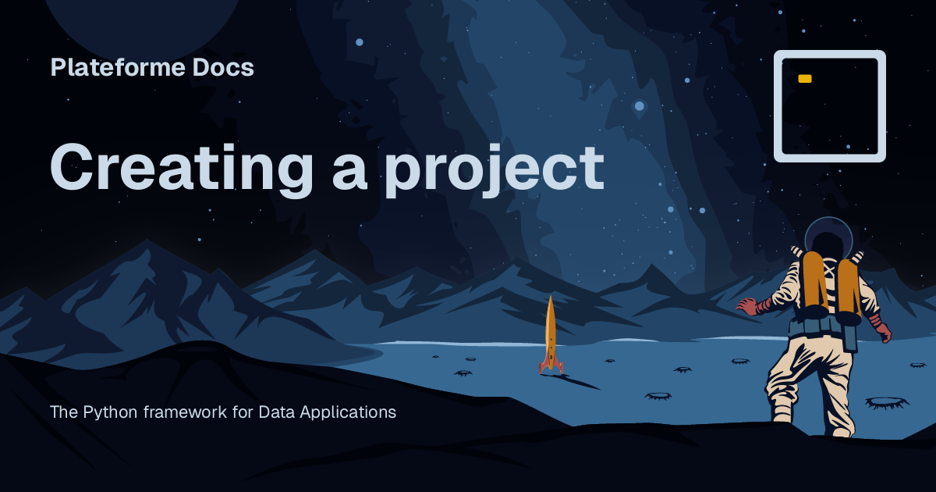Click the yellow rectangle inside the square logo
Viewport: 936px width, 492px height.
pos(805,79)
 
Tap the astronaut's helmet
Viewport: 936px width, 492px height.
pos(828,235)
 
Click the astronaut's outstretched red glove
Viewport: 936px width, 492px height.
pos(748,305)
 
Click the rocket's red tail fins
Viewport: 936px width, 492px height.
pos(551,365)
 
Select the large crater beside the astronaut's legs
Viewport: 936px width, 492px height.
pos(886,402)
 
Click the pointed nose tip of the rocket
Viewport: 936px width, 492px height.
pos(551,298)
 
